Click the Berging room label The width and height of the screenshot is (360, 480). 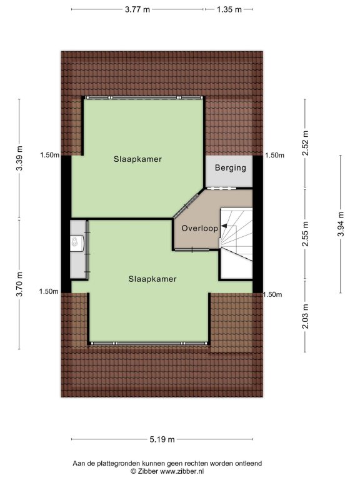point(230,167)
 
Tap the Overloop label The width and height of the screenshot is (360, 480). point(199,228)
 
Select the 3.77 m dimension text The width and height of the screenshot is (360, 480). point(137,9)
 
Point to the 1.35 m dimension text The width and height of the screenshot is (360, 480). point(229,9)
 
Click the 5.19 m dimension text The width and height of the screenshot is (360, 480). point(162,439)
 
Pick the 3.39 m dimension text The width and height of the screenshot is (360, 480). point(19,159)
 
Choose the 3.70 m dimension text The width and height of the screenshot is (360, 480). point(19,284)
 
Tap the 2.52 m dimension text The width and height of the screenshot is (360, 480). point(305,142)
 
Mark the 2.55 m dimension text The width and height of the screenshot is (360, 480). point(305,234)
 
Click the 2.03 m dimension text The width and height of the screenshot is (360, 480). point(305,316)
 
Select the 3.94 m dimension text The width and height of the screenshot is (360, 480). point(341,224)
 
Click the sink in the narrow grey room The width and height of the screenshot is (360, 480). point(76,242)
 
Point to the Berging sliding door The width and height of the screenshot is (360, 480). point(221,188)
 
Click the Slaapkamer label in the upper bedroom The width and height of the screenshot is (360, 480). point(137,159)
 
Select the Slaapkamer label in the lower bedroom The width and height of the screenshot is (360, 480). point(152,279)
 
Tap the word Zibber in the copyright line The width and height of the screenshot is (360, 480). point(147,471)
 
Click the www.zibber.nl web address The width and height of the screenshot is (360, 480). point(182,471)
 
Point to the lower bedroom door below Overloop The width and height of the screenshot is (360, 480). point(192,250)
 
